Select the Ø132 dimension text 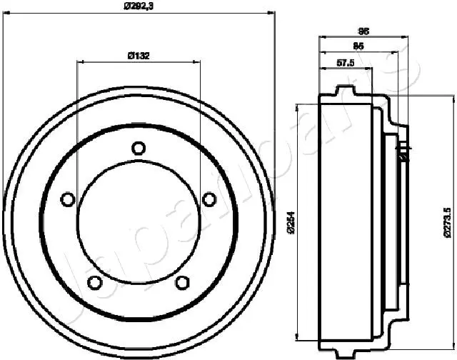click(x=138, y=55)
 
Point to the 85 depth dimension click(x=359, y=46)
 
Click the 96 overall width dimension click(x=362, y=31)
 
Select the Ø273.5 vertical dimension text click(x=447, y=221)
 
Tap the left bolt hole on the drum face click(x=67, y=199)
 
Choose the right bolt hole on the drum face click(x=209, y=199)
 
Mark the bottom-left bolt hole click(x=94, y=282)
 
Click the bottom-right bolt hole click(x=183, y=282)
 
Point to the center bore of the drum click(x=139, y=221)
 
